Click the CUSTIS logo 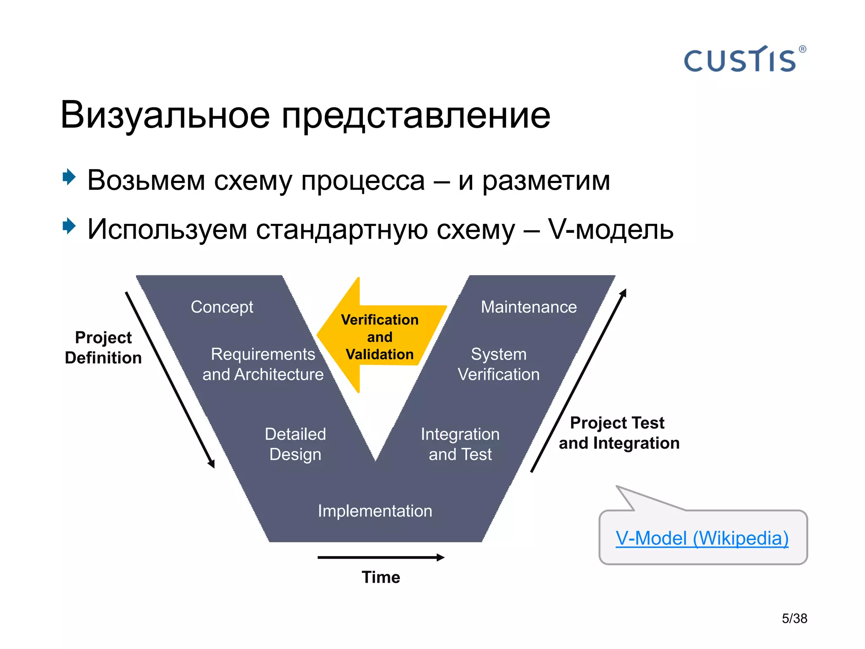point(740,60)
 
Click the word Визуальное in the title point(165,115)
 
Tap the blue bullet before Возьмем point(69,177)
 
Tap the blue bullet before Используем point(69,226)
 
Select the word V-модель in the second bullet point(610,229)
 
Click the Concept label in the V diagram point(222,307)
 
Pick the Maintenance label point(528,307)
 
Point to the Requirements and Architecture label point(263,364)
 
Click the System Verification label point(498,364)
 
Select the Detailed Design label point(295,444)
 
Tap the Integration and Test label point(460,444)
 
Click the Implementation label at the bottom point(375,511)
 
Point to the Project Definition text point(103,347)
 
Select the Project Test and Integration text point(619,433)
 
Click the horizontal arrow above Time point(380,557)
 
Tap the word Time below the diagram point(381,577)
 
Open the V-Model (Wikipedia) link point(702,538)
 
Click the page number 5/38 point(794,618)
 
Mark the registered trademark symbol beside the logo point(802,49)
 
